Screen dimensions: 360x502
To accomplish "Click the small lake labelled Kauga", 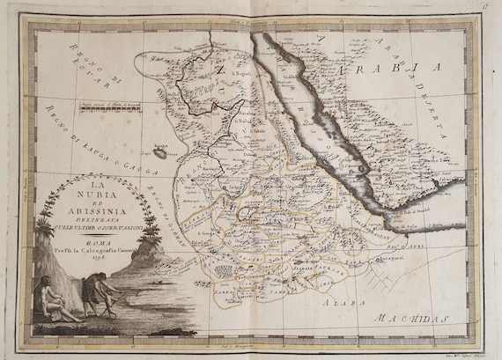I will click(159, 151).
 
